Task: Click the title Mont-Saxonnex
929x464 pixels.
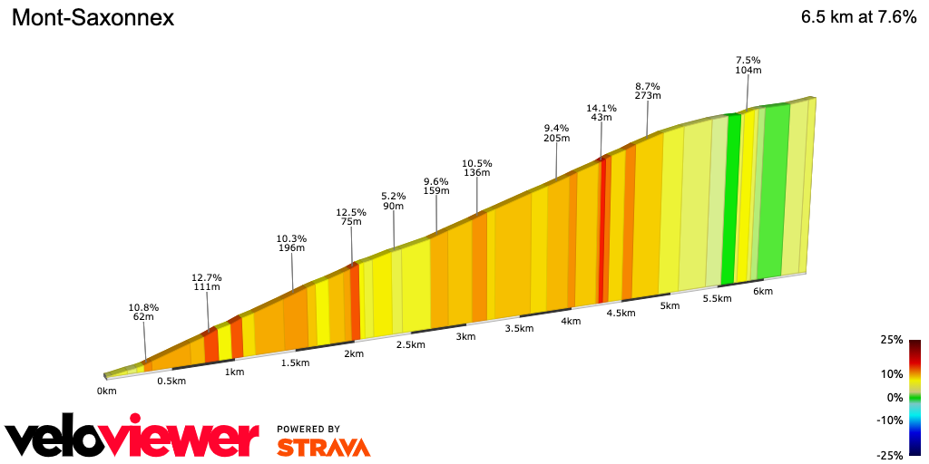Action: coord(93,18)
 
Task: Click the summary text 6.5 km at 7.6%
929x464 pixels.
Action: coord(858,18)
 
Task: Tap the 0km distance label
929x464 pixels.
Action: coord(107,391)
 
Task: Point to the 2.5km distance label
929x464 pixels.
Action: coord(410,345)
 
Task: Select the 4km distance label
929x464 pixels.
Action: coord(571,322)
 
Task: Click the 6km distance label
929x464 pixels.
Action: coord(763,291)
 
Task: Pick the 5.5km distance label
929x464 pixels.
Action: coord(717,299)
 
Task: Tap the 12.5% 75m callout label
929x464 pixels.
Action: coord(351,218)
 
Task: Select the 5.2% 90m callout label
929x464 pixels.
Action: coord(394,201)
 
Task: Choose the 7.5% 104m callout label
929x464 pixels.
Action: coord(748,65)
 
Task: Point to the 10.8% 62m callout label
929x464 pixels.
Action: coord(143,312)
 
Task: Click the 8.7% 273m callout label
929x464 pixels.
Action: coord(648,91)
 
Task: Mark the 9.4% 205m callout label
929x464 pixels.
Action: coord(556,133)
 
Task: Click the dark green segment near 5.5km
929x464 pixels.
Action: coord(728,199)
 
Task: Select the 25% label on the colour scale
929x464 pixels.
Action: coord(891,340)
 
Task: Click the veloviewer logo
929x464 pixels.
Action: coord(132,439)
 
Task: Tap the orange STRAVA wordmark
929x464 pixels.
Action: coord(323,447)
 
